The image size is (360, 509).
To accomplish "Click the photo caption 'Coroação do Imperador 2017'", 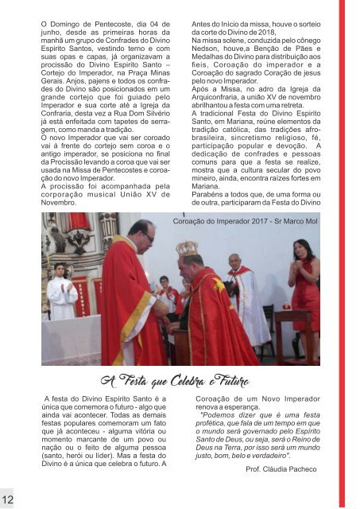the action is tap(245, 223).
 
